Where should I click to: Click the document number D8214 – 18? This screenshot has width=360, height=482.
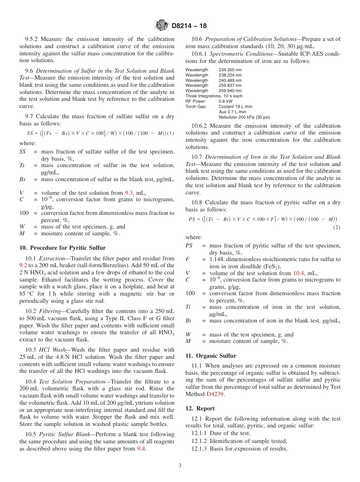pos(189,26)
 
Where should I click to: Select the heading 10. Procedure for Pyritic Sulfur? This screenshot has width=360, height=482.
pos(63,248)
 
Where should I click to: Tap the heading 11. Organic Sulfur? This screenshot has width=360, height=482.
pos(211,356)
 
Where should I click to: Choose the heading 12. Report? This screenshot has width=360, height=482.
pos(200,408)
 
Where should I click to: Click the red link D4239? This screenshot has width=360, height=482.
pos(214,394)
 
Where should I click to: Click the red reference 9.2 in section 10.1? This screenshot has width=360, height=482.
pos(23,265)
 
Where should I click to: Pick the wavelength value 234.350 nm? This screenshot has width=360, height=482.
pos(230,70)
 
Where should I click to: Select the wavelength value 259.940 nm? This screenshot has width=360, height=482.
pos(230,91)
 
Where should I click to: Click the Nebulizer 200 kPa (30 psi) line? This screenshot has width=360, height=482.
pos(244,117)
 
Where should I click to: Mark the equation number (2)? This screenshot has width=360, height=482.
pos(337,227)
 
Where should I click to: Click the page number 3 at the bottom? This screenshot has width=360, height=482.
pos(180,466)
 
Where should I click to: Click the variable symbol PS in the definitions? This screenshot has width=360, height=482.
pos(189,246)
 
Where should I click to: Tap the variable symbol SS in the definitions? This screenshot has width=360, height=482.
pos(23,152)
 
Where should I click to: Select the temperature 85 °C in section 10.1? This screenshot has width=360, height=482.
pos(27,294)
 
